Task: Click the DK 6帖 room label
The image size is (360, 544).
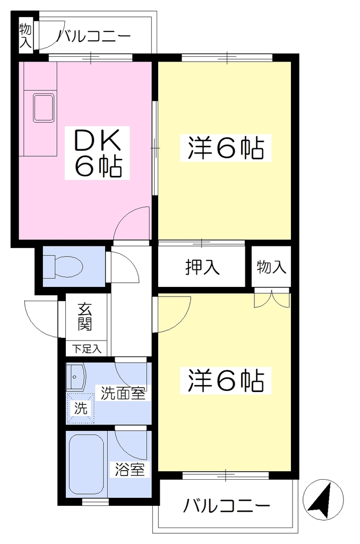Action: (97, 153)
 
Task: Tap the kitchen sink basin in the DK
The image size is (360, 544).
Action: (44, 107)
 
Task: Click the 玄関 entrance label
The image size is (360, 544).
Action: (84, 317)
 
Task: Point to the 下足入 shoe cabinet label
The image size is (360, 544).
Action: (87, 349)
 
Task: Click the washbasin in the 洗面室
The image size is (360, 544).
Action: (75, 377)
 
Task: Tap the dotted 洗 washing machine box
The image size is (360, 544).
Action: (81, 409)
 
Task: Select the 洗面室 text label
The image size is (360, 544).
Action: (123, 393)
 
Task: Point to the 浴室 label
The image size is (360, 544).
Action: (130, 470)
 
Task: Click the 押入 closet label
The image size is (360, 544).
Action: (202, 267)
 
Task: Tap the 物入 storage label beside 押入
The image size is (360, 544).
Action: (271, 267)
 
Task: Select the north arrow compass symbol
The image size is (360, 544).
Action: (323, 500)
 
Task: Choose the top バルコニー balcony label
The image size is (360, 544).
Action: (95, 36)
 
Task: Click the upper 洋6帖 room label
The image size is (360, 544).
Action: (226, 148)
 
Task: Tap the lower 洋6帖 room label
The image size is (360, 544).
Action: (226, 380)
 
